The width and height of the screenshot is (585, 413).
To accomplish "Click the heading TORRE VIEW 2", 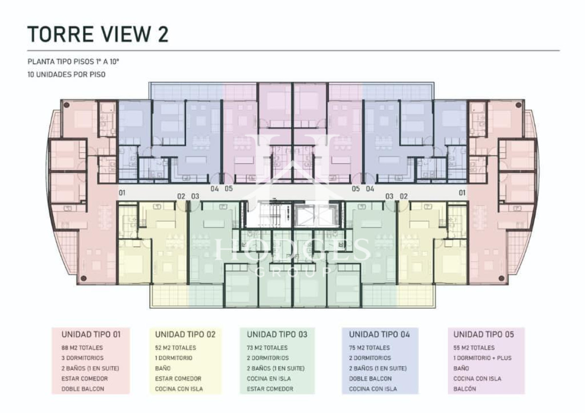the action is click(x=98, y=34).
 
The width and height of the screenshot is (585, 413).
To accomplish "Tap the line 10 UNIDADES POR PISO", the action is click(x=67, y=75).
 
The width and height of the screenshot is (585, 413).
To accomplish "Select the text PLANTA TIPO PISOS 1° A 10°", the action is click(x=74, y=62).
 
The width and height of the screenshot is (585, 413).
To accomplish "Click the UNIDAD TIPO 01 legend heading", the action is click(x=91, y=335).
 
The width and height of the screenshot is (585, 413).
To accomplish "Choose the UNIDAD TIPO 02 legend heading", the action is click(x=185, y=335).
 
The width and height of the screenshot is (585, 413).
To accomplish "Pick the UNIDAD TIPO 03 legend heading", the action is click(x=277, y=335).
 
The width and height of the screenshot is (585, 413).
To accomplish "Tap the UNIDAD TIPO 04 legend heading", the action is click(x=379, y=335).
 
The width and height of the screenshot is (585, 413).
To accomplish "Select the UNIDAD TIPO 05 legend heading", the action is click(x=484, y=335).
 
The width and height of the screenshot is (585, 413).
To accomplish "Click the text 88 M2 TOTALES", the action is click(x=82, y=348).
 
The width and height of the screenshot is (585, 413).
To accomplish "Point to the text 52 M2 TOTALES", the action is click(x=175, y=348).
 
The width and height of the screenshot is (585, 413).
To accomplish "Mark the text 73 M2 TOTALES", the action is click(x=267, y=348).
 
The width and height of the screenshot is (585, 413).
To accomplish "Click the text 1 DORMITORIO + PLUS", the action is click(x=482, y=358).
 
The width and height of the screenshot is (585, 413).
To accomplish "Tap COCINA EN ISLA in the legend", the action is click(x=269, y=378).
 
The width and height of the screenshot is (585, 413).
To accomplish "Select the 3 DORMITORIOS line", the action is click(x=82, y=358).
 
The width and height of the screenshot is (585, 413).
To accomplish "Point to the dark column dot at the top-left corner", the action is click(x=67, y=105).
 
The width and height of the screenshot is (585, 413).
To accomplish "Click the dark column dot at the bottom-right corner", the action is click(x=502, y=279).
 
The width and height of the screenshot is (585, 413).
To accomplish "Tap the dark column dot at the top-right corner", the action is click(x=519, y=105).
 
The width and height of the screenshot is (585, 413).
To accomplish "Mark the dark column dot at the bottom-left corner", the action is click(x=83, y=279).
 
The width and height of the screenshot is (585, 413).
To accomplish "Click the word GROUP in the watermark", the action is click(x=293, y=272).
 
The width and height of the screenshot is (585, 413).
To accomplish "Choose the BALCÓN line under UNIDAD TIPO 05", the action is click(x=465, y=389).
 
